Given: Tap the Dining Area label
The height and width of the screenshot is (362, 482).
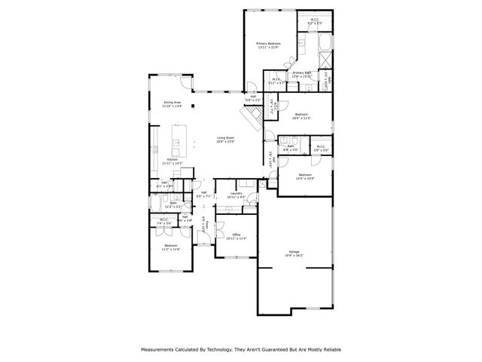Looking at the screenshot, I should [172, 104].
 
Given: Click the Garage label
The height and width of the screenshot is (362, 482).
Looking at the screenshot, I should [294, 253].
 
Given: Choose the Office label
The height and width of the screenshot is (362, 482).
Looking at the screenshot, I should [236, 236].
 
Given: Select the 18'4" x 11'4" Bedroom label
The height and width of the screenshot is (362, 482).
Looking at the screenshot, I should [301, 116].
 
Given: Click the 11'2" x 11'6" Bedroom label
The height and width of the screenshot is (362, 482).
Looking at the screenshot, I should [171, 247].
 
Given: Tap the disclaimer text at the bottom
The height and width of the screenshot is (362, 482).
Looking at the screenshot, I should [241, 349].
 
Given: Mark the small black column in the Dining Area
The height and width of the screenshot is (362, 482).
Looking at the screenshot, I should [194, 106].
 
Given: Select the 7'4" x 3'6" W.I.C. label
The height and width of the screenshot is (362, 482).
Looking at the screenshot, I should [165, 222].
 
